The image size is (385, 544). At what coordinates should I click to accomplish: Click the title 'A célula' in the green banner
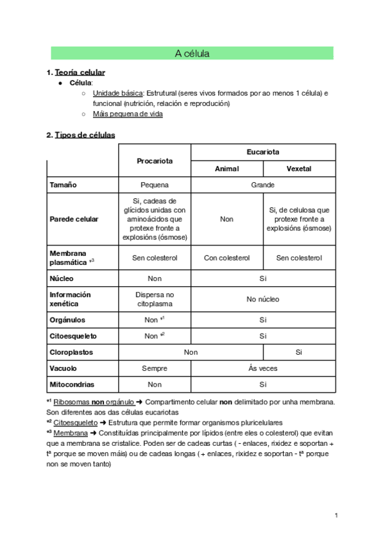coord(192,54)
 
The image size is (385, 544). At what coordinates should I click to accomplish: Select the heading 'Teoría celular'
coord(80,72)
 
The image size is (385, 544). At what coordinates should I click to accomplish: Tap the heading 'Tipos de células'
coord(85,135)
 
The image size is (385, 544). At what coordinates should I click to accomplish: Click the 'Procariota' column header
coord(155,160)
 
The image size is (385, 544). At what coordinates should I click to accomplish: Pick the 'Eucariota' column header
coord(263,152)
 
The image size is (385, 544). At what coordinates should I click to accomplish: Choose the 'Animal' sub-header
coord(227,169)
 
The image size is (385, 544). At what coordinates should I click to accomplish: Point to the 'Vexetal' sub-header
coord(299,169)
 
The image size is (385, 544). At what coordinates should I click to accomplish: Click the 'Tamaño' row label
coord(64,185)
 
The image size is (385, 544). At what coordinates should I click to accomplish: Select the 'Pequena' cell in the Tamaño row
coord(155,185)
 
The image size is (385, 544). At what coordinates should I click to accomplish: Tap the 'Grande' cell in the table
coord(263,185)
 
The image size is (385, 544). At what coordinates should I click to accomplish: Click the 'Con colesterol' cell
coord(227,257)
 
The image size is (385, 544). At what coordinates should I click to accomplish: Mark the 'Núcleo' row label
coord(62,278)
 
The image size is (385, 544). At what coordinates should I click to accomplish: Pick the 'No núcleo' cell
coord(263,299)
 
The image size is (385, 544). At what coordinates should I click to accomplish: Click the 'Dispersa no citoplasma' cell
coord(155,299)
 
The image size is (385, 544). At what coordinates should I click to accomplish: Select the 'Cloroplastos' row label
coord(71,352)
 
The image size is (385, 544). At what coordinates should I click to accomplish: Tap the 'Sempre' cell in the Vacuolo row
coord(155,368)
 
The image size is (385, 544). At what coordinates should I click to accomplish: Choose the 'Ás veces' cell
coord(263,368)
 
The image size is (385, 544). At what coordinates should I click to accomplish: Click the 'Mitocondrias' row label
coord(72,385)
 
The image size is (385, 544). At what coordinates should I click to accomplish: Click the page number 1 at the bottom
coord(336,515)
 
